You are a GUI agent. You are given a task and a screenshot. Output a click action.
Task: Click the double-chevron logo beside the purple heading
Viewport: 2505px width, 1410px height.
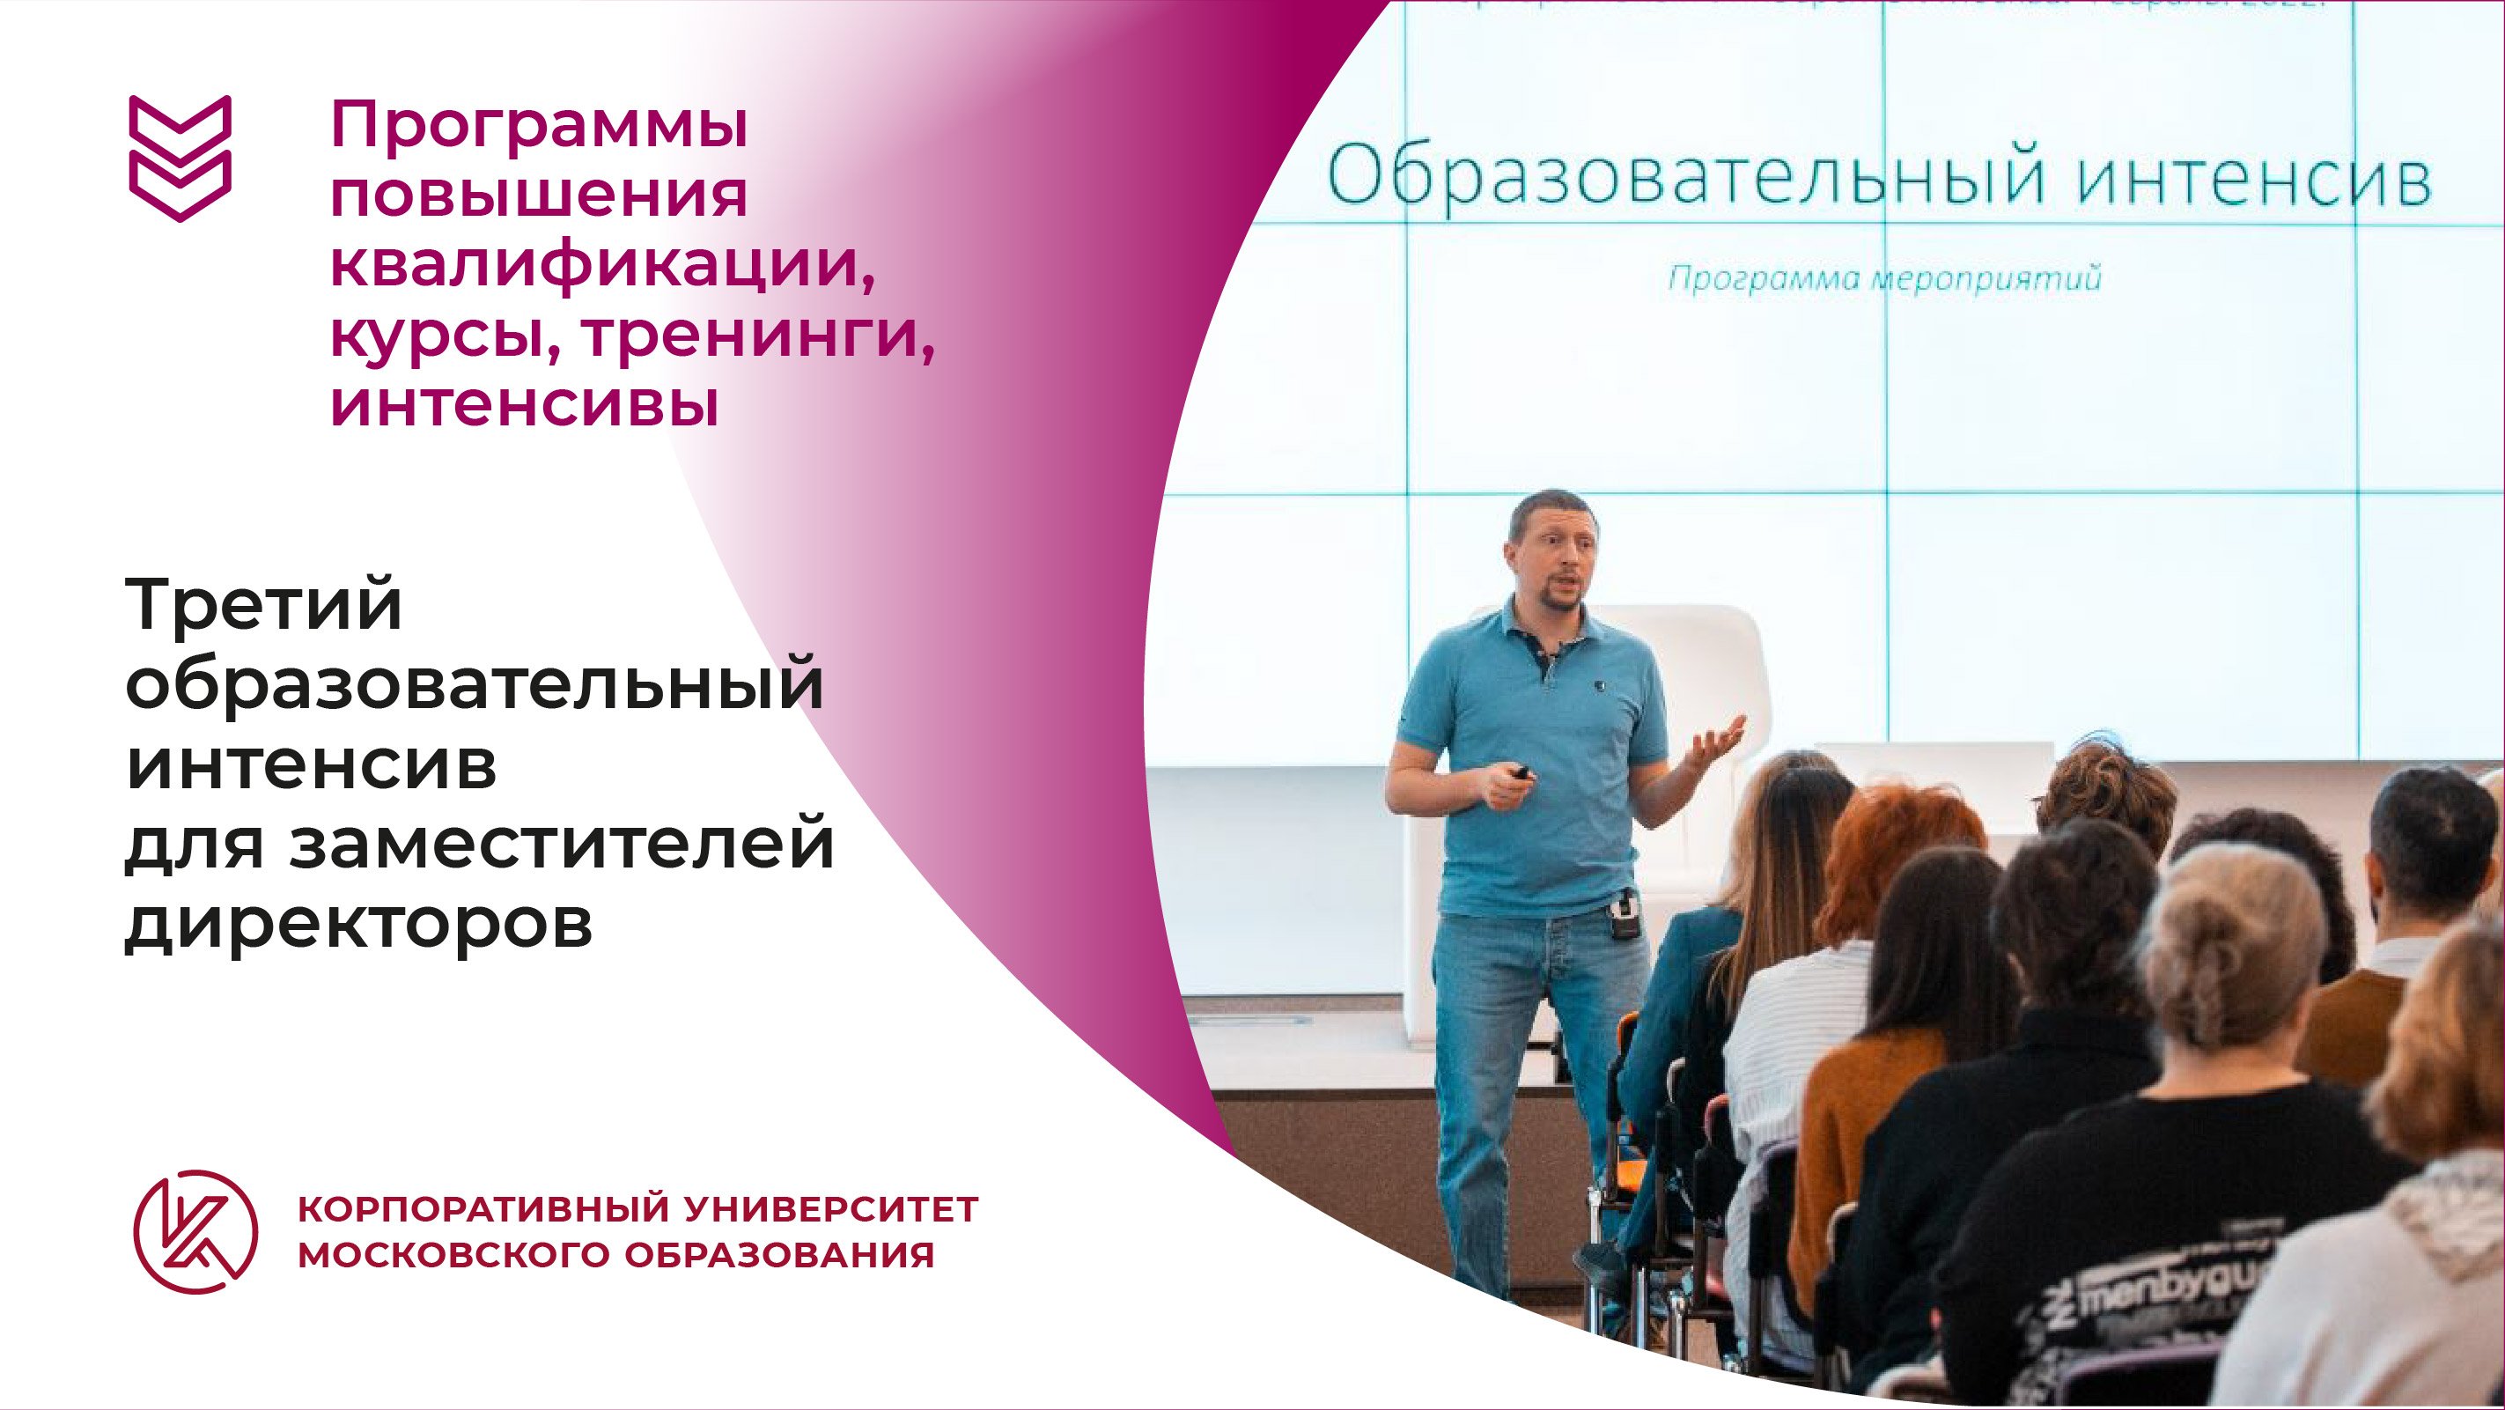(180, 158)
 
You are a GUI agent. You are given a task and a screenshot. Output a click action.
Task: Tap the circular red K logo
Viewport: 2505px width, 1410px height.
(195, 1231)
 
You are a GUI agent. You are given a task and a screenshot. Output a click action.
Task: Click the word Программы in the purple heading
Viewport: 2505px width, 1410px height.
(540, 129)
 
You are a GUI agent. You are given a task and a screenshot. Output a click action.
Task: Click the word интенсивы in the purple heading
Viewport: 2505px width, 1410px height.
(525, 403)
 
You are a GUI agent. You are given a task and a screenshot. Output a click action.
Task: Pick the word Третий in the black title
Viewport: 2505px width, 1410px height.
(264, 605)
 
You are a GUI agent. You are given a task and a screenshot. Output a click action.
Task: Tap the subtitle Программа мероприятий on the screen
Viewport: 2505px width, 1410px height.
(1884, 279)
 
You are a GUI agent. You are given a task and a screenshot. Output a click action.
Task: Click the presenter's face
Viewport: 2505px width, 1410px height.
(1553, 558)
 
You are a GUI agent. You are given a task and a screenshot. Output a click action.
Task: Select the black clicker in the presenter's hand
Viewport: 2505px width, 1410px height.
(1520, 772)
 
